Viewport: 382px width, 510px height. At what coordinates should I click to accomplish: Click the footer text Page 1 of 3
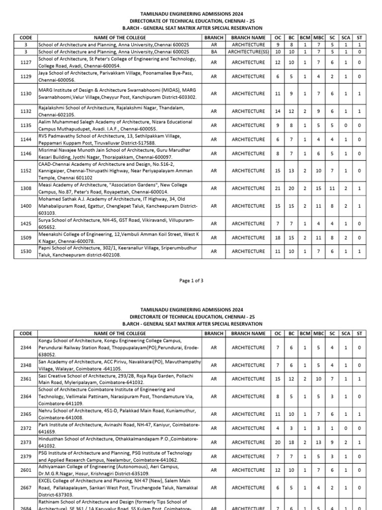tap(191, 281)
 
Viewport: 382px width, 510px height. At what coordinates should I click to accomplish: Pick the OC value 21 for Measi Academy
tap(278, 188)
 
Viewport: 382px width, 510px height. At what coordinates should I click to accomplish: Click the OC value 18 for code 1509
tap(278, 238)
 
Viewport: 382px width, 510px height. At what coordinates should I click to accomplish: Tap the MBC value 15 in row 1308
tap(318, 188)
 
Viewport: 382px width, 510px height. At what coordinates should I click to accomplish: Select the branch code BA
tap(213, 51)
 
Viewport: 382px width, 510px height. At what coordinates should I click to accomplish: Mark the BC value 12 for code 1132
tap(291, 111)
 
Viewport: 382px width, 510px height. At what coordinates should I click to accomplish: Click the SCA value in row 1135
tap(346, 126)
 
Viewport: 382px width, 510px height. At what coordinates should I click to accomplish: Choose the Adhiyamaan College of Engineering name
tap(114, 470)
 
